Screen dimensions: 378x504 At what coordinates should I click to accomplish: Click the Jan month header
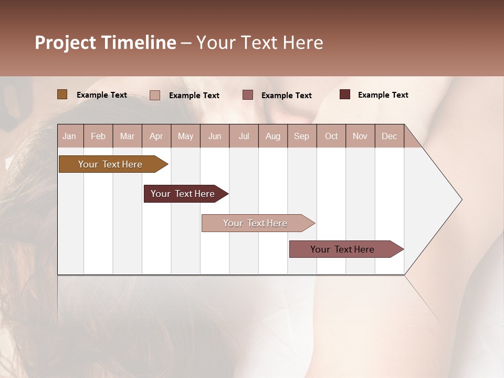pos(69,136)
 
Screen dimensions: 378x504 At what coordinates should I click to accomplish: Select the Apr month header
pos(156,136)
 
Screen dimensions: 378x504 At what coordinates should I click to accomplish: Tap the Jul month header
pos(244,136)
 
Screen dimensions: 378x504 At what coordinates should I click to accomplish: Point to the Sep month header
pos(301,136)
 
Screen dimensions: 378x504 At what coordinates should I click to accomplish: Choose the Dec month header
pos(389,136)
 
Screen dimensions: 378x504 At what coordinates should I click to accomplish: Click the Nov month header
pos(360,136)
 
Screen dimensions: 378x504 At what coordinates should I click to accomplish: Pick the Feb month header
pos(98,136)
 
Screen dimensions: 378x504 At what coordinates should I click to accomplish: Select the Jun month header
pos(215,136)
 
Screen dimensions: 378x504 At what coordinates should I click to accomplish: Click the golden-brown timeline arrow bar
pos(110,164)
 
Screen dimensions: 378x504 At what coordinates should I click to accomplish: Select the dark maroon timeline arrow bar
pos(183,194)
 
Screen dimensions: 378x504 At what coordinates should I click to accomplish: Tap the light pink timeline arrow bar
pos(255,223)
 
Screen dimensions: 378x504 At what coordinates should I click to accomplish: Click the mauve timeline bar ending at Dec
pos(342,249)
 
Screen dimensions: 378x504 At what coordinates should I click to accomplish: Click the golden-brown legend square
pos(62,94)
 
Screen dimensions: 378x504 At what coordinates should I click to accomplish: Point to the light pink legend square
pos(155,95)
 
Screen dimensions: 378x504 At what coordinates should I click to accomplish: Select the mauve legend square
pos(248,94)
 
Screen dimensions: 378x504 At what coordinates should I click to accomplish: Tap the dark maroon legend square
pos(345,94)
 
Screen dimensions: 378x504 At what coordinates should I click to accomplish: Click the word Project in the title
pos(66,43)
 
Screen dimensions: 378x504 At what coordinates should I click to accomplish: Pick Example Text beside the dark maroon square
pos(383,95)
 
